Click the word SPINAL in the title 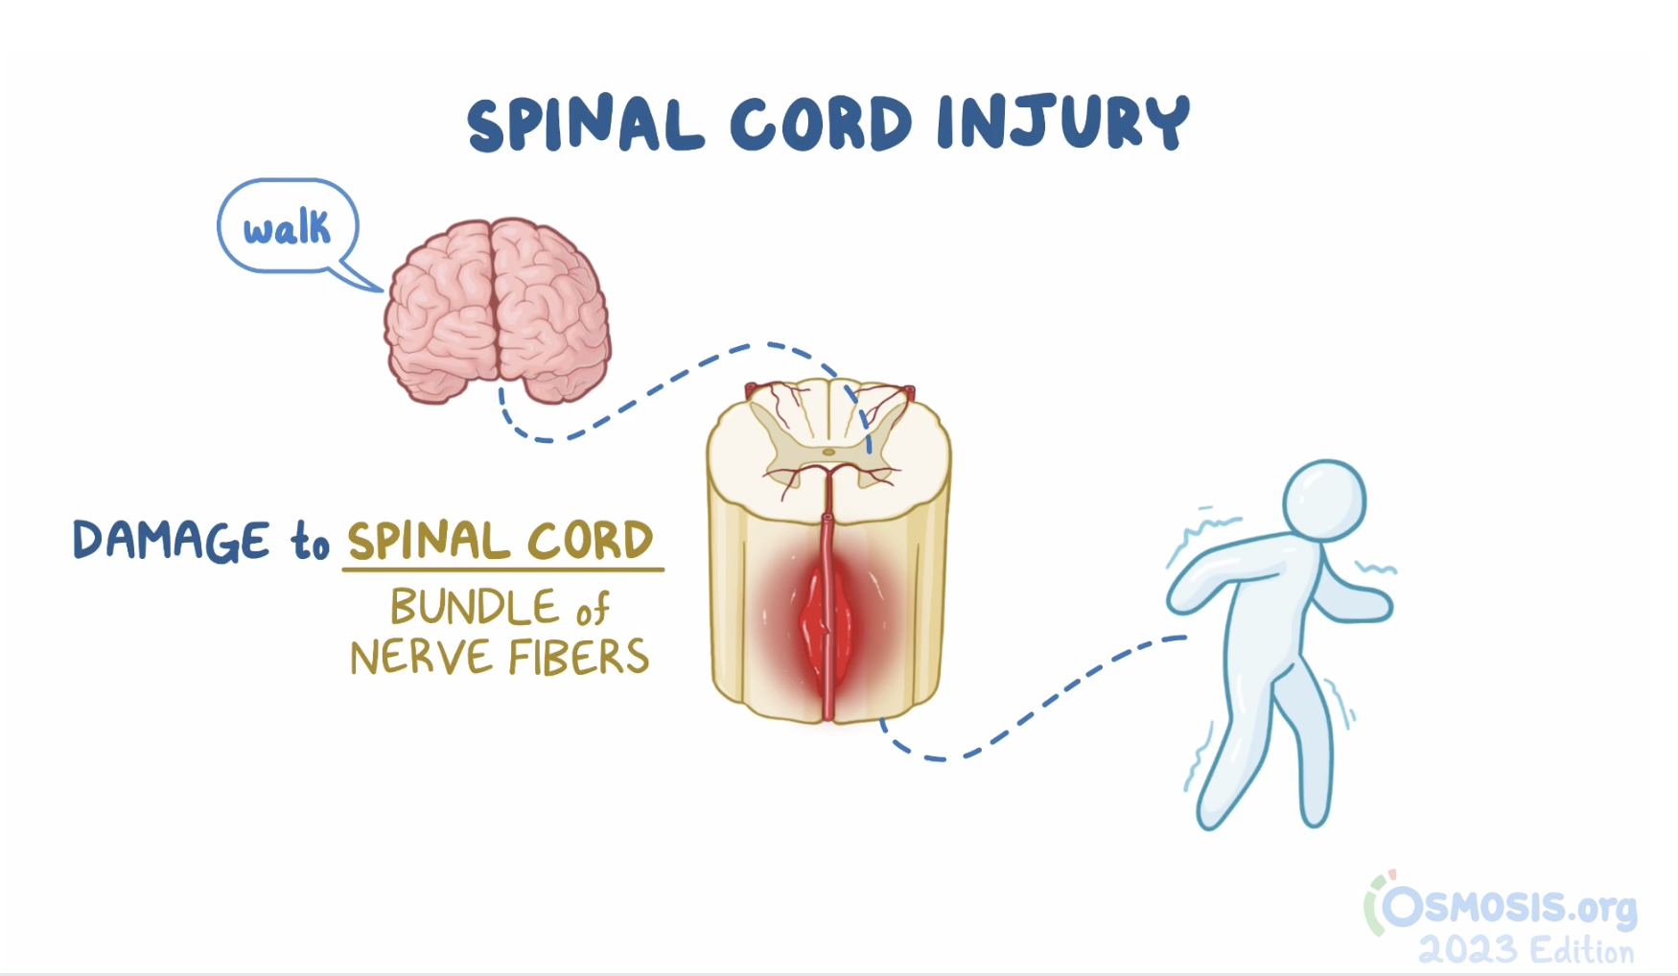pyautogui.click(x=585, y=125)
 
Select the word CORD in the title pyautogui.click(x=821, y=125)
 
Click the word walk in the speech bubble pyautogui.click(x=286, y=229)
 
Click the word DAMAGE pyautogui.click(x=172, y=540)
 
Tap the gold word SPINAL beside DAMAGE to pyautogui.click(x=428, y=541)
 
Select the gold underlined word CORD pyautogui.click(x=591, y=541)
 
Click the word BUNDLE pyautogui.click(x=474, y=607)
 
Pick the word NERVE pyautogui.click(x=422, y=659)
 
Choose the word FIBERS pyautogui.click(x=578, y=659)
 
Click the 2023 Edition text pyautogui.click(x=1526, y=950)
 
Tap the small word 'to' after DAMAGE pyautogui.click(x=310, y=543)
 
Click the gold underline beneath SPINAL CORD pyautogui.click(x=502, y=569)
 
